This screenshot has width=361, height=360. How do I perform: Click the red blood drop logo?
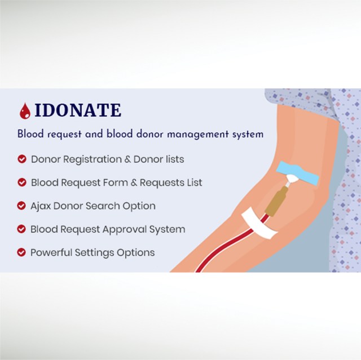tap(25, 111)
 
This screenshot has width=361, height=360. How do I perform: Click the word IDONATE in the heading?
tap(78, 110)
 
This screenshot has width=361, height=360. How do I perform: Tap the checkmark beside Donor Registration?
tap(21, 159)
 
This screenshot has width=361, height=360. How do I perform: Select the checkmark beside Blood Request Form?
tap(21, 183)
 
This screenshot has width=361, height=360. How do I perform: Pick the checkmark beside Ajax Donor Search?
tap(21, 206)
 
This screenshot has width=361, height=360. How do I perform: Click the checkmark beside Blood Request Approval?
tap(21, 229)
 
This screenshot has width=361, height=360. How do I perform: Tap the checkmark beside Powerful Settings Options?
tap(21, 252)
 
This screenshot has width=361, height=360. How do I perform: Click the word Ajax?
tap(41, 206)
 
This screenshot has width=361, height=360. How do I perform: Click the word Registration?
tap(90, 160)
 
